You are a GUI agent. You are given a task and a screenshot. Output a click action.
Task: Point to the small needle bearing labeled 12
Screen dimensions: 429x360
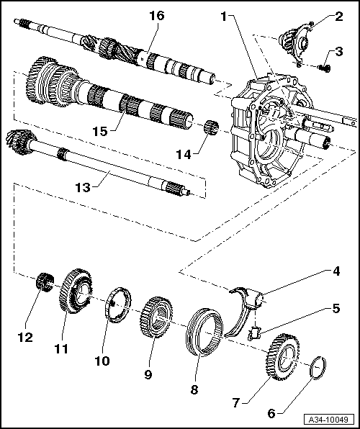point(47,279)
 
